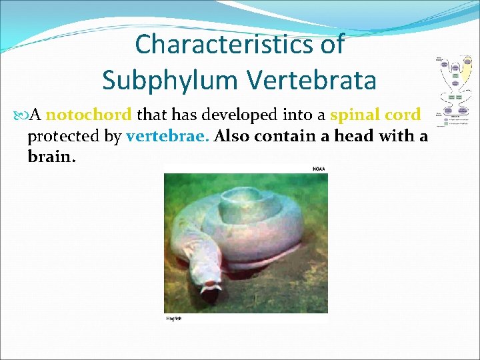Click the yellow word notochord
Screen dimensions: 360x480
coord(89,115)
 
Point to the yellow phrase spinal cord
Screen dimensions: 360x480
coord(375,115)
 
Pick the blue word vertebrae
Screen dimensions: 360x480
coord(167,137)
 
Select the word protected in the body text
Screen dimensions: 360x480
coord(74,137)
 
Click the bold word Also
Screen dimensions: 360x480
coord(234,137)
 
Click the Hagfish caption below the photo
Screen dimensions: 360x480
coord(173,319)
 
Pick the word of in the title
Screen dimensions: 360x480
coord(331,45)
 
